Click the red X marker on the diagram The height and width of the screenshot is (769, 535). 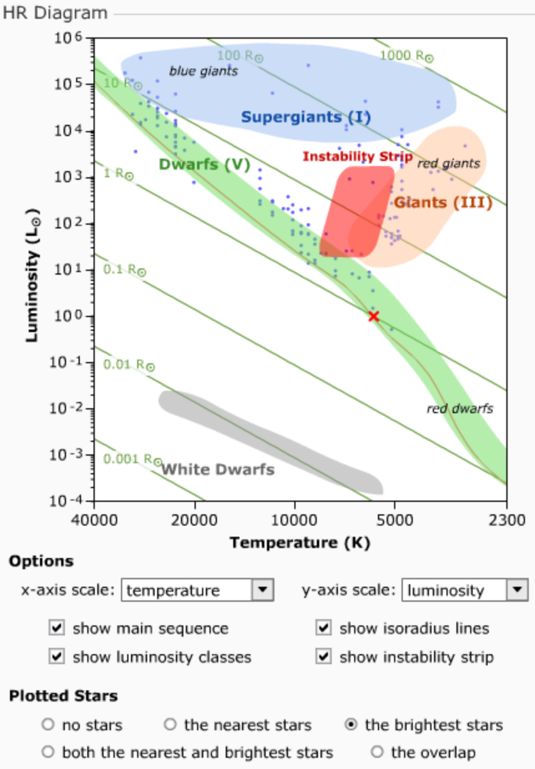(x=374, y=316)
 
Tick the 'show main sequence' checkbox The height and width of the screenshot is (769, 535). (x=57, y=627)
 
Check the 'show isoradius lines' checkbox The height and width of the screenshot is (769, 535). (x=324, y=627)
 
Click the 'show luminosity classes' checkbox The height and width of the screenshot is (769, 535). (x=57, y=656)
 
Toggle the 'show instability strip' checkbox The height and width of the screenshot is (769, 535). (x=324, y=656)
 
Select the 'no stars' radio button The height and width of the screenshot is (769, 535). (x=48, y=725)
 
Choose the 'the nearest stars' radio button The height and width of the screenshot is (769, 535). (x=170, y=725)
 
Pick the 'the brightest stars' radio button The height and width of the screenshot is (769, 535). (x=351, y=725)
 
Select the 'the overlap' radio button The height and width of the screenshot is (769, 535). (x=377, y=752)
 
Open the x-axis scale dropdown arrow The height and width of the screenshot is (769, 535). (x=263, y=589)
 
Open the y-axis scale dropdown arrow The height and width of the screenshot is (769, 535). (x=517, y=589)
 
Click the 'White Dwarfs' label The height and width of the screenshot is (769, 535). (x=218, y=469)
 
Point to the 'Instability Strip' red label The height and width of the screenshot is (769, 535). (x=357, y=157)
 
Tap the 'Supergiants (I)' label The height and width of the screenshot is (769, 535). (x=306, y=117)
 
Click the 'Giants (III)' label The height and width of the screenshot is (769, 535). (x=443, y=203)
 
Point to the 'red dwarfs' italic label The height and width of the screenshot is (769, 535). (x=460, y=409)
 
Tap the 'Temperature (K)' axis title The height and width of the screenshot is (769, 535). (x=300, y=542)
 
